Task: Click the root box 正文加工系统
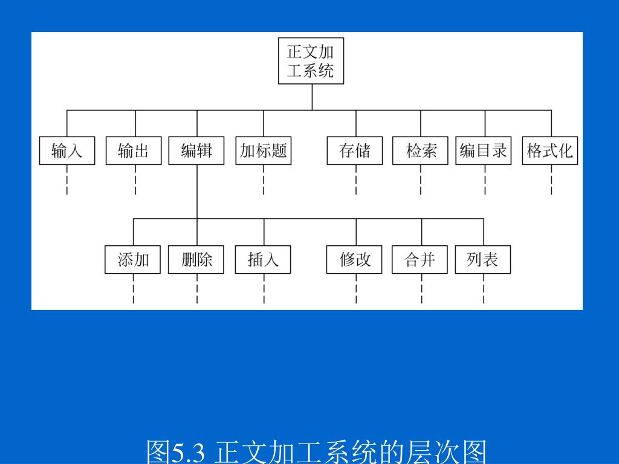click(x=311, y=61)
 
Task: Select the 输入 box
click(x=67, y=150)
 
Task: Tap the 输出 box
click(x=134, y=150)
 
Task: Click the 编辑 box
click(x=196, y=150)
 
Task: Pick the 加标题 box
click(x=263, y=150)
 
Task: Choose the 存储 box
click(x=355, y=150)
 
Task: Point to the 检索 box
click(x=421, y=150)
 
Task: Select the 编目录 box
click(x=484, y=150)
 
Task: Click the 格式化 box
click(x=550, y=150)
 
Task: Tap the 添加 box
click(x=133, y=260)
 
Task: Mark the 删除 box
click(x=196, y=260)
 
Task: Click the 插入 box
click(x=263, y=260)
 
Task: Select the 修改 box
click(x=355, y=260)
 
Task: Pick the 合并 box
click(x=420, y=260)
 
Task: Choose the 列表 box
click(x=483, y=260)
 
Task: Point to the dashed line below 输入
click(x=67, y=180)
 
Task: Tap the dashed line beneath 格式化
click(x=551, y=180)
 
